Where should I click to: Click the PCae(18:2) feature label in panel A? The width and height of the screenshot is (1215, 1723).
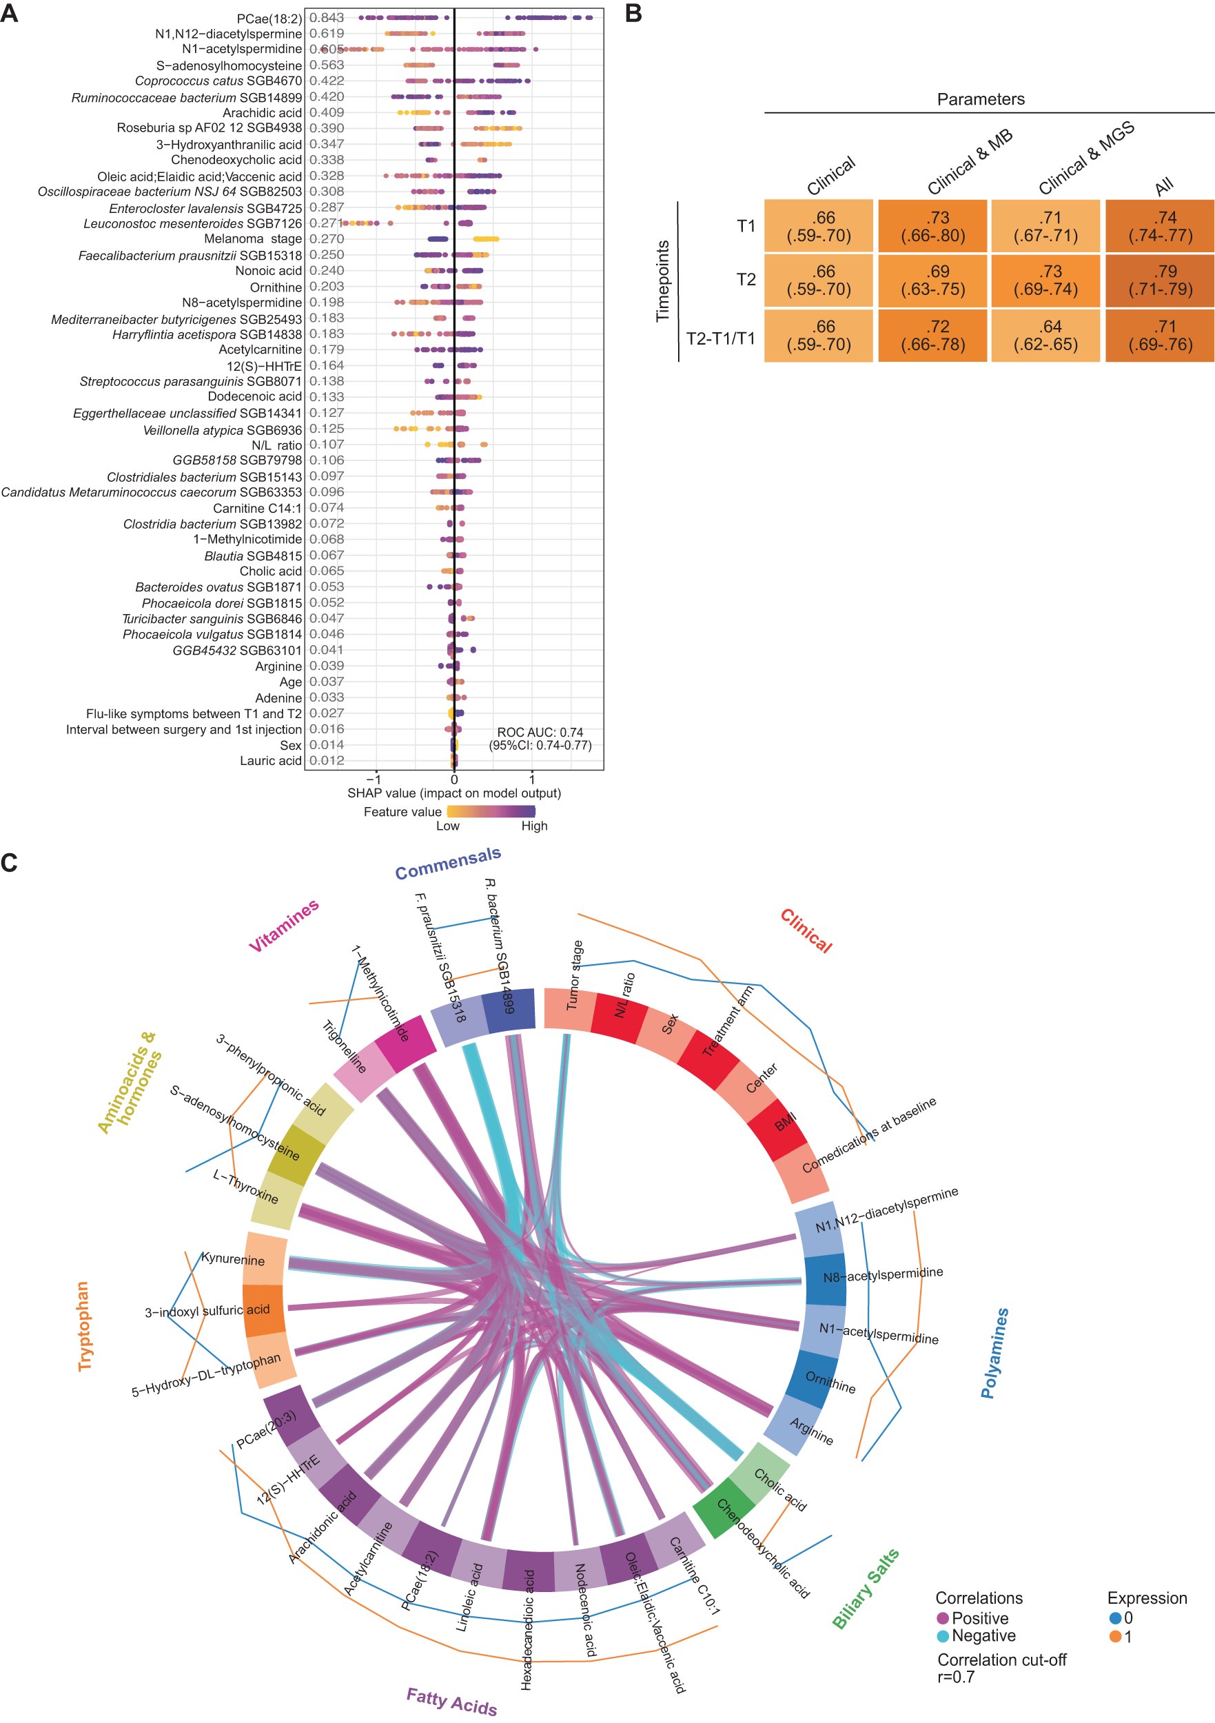point(269,18)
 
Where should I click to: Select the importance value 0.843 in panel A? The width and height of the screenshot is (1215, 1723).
point(327,17)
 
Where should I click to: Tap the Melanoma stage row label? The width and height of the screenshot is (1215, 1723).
point(253,238)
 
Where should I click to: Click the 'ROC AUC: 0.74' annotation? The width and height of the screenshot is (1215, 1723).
point(540,732)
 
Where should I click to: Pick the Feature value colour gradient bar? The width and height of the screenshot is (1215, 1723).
point(491,811)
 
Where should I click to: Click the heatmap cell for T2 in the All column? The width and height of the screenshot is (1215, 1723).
point(1159,280)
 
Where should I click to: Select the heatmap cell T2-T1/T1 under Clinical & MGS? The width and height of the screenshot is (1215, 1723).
point(1045,336)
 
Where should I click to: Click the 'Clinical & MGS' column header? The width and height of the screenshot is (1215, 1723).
point(1086,158)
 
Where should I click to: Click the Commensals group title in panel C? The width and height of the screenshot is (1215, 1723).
point(447,862)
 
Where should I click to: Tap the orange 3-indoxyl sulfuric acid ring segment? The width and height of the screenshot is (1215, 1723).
point(264,1310)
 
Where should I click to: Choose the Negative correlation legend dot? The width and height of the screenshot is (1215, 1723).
point(943,1635)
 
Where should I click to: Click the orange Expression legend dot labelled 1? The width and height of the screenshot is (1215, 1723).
point(1115,1636)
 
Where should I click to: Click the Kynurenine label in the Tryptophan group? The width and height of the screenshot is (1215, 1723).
point(233,1258)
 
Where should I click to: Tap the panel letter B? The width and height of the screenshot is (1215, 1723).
point(633,14)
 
